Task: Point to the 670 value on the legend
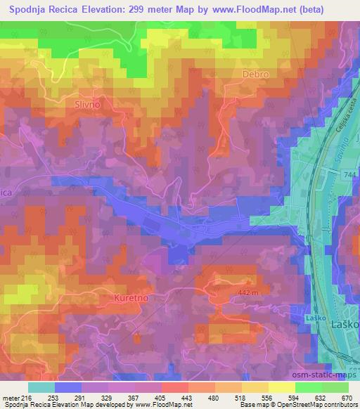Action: pyautogui.click(x=347, y=397)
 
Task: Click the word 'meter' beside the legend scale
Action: pyautogui.click(x=11, y=397)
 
